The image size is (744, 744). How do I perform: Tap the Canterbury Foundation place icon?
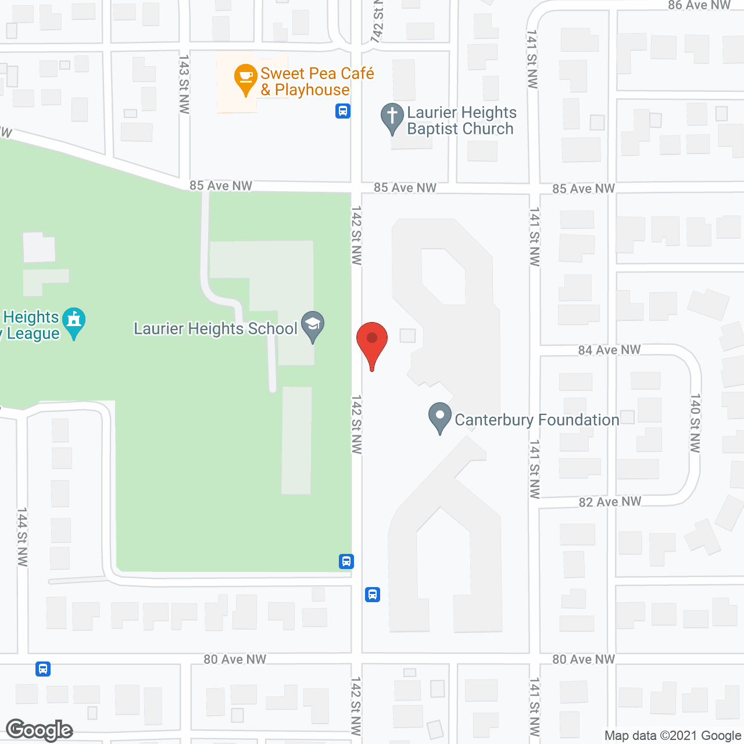[x=440, y=417]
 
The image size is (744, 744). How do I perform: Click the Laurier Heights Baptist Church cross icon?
[x=392, y=117]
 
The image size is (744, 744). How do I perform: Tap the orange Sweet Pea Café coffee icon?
[x=245, y=78]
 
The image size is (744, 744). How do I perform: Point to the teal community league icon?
[x=74, y=322]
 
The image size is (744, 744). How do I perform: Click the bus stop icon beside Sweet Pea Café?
[x=343, y=110]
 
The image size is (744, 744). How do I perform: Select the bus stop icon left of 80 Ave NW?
[x=43, y=668]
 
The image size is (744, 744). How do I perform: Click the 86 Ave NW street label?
[x=699, y=5]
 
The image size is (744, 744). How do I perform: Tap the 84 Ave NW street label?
[x=609, y=350]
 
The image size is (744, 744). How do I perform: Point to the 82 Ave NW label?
[x=610, y=502]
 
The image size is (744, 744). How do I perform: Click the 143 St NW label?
[x=184, y=84]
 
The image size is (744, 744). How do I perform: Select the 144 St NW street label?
[x=22, y=536]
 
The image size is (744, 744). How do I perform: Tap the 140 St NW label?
[x=695, y=423]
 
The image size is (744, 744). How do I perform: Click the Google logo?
[x=40, y=730]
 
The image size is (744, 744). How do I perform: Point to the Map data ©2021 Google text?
[x=673, y=736]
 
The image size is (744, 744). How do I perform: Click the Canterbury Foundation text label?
[x=536, y=420]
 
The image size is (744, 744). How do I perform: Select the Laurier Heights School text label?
[x=216, y=329]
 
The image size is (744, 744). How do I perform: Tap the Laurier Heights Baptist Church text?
[x=462, y=120]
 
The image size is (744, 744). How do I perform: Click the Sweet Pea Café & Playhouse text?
[x=317, y=81]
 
